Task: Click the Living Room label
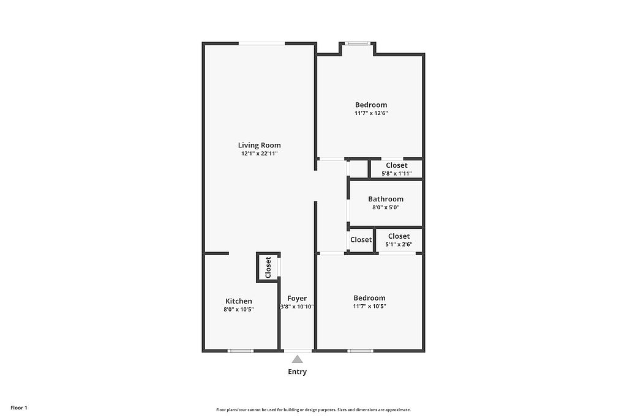(x=259, y=146)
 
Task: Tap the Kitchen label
(x=239, y=301)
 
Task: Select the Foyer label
(x=297, y=298)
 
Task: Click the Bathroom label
(x=386, y=199)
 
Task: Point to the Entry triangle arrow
(x=297, y=359)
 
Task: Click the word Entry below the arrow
(x=298, y=371)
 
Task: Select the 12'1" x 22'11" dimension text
(x=259, y=154)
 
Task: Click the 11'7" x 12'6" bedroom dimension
(x=371, y=113)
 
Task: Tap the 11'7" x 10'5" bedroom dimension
(x=369, y=307)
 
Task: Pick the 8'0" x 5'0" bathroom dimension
(x=386, y=207)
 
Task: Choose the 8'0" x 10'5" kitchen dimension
(x=239, y=309)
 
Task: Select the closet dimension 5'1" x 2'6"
(x=399, y=245)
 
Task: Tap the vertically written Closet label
(x=268, y=267)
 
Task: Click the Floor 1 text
(x=19, y=408)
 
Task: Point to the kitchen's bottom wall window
(x=241, y=351)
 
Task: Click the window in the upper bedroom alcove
(x=358, y=43)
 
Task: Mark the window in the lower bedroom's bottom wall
(x=360, y=351)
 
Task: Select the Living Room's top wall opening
(x=262, y=43)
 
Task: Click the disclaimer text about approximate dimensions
(x=313, y=409)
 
